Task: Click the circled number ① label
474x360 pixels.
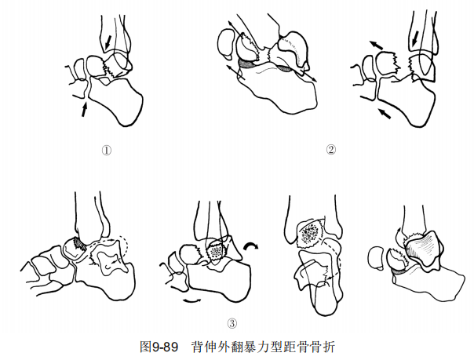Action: point(107,150)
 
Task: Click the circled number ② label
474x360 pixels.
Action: point(330,150)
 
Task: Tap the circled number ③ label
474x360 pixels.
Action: point(232,323)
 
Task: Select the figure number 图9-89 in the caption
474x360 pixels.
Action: point(159,347)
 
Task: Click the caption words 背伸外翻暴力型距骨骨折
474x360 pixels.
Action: point(264,347)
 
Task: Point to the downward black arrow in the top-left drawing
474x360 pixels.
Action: point(108,42)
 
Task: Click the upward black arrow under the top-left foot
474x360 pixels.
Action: point(85,109)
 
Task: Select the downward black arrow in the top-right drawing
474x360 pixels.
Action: point(416,38)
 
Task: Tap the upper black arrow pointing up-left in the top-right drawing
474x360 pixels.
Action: point(375,45)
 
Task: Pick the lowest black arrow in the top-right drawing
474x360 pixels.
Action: point(385,113)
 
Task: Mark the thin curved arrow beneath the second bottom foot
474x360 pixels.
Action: point(192,300)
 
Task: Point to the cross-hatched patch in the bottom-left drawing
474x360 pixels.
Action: point(80,243)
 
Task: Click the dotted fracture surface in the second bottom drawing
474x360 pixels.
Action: point(216,251)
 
